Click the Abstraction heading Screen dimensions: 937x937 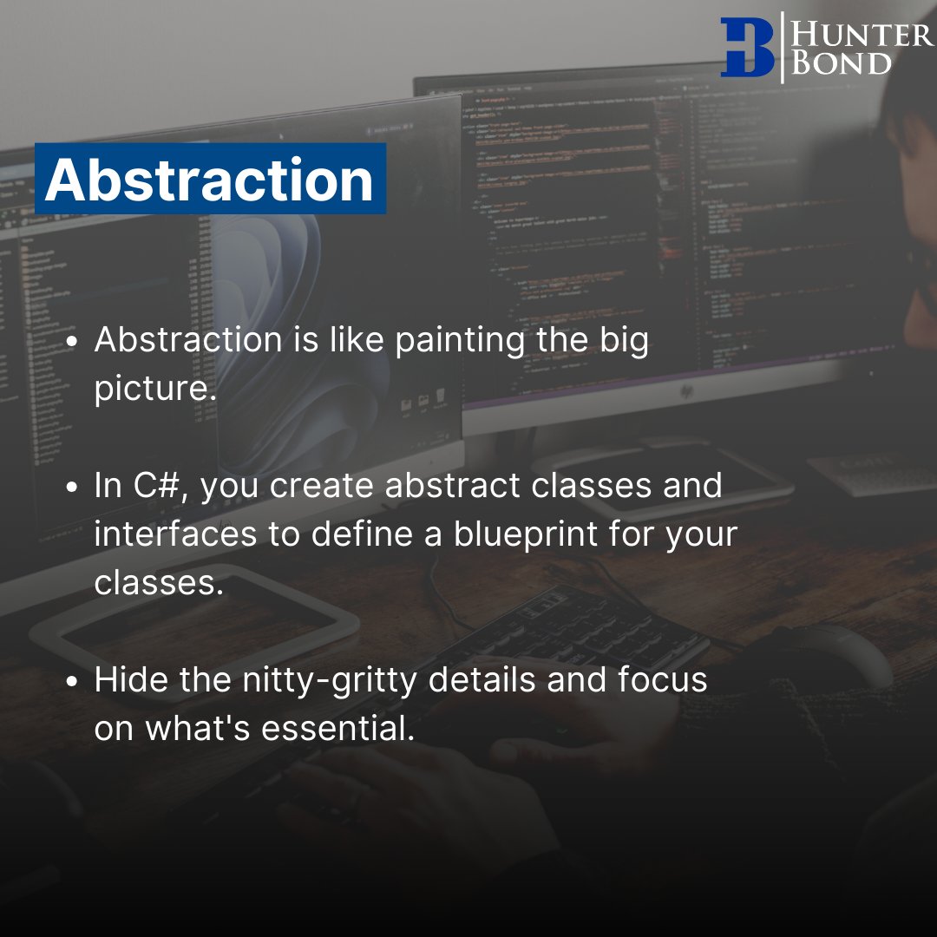[209, 180]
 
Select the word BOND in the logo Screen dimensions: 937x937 [842, 63]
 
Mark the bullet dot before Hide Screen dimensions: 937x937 [75, 680]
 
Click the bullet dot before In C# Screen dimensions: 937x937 [75, 487]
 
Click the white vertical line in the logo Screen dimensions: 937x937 [783, 48]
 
